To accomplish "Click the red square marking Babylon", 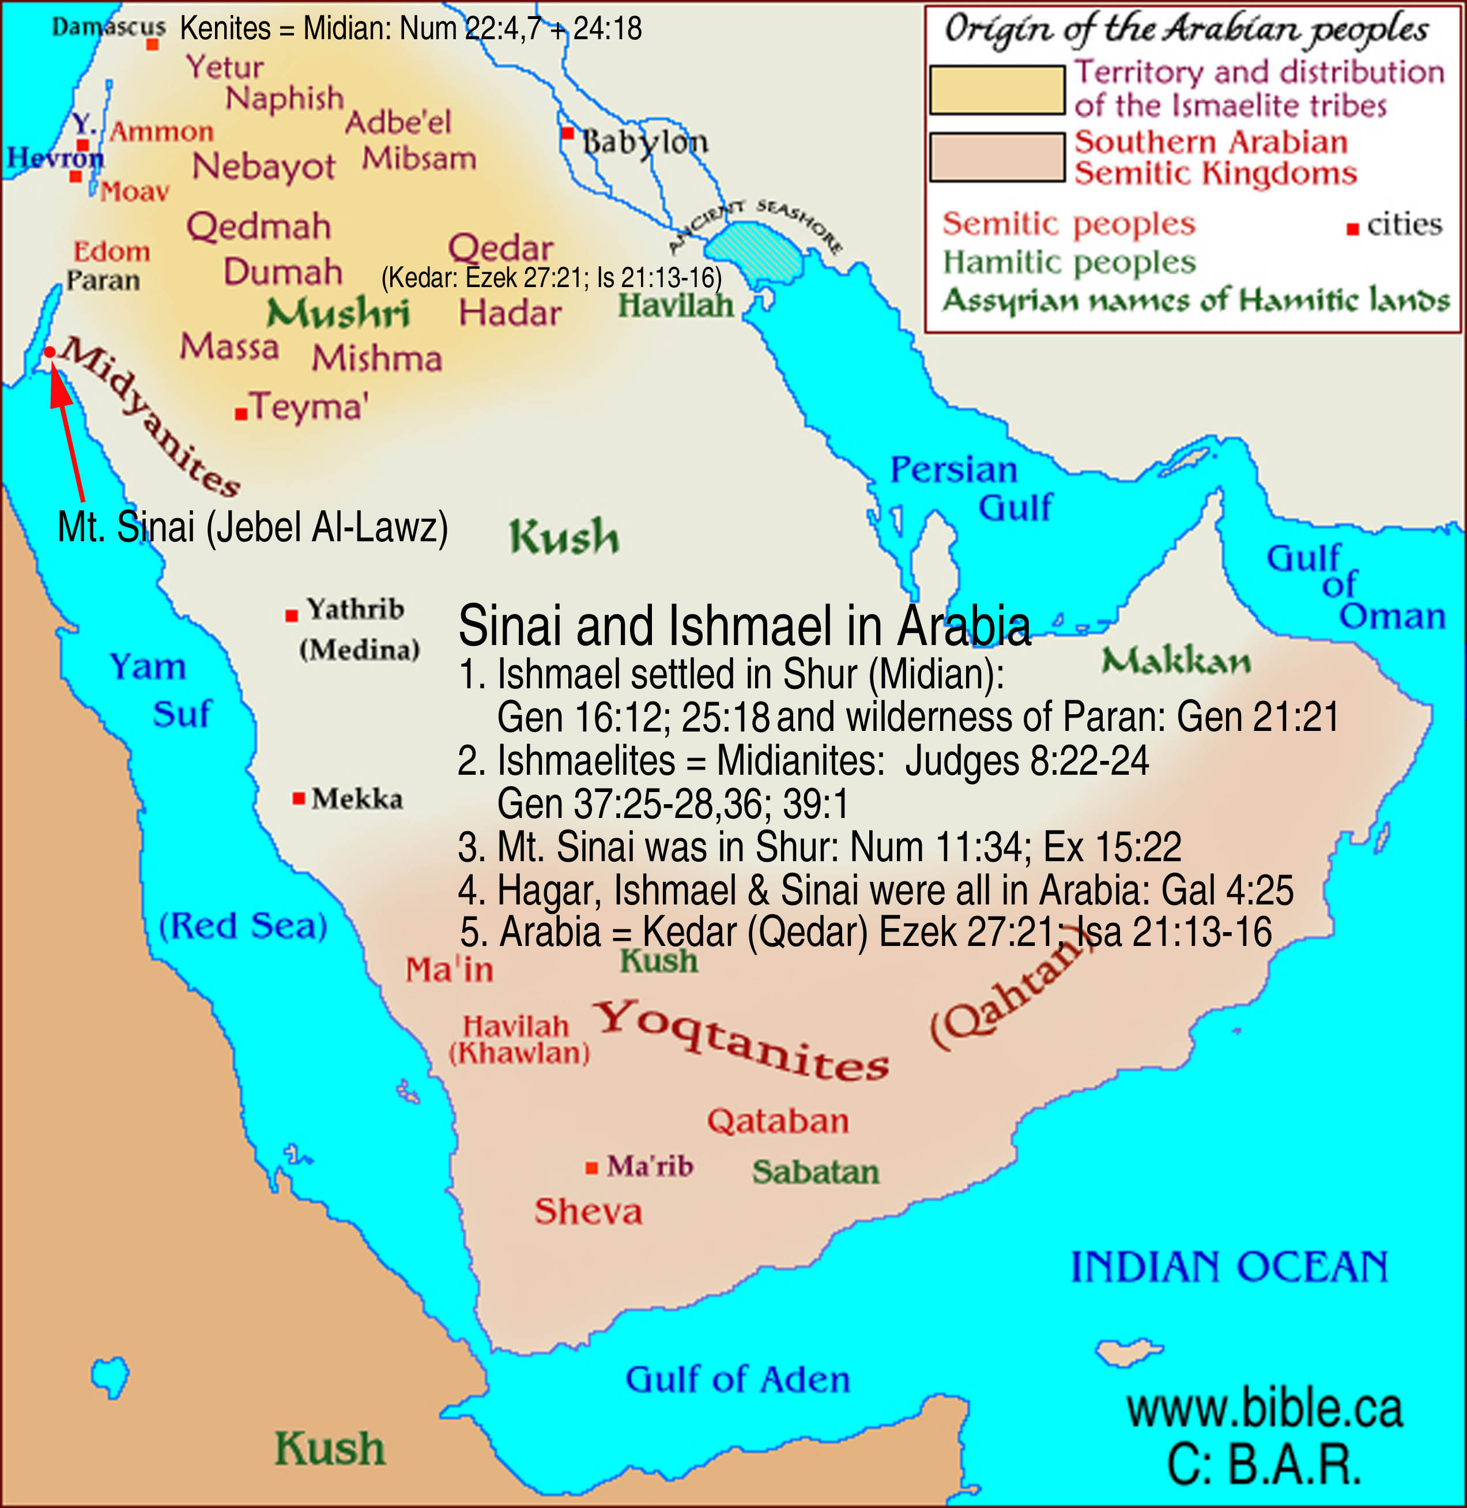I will [x=568, y=133].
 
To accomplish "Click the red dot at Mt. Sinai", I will [x=50, y=352].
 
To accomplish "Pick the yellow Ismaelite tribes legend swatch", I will [x=997, y=90].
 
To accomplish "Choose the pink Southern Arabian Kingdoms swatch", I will [x=997, y=157].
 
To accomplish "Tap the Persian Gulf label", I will [x=971, y=488].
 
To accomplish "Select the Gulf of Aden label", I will [x=737, y=1379].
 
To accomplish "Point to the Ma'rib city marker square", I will [x=592, y=1168].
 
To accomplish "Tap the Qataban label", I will [x=778, y=1121].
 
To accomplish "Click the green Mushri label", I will [x=337, y=314].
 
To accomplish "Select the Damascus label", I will [x=108, y=27].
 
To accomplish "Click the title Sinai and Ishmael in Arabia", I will [x=744, y=625].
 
